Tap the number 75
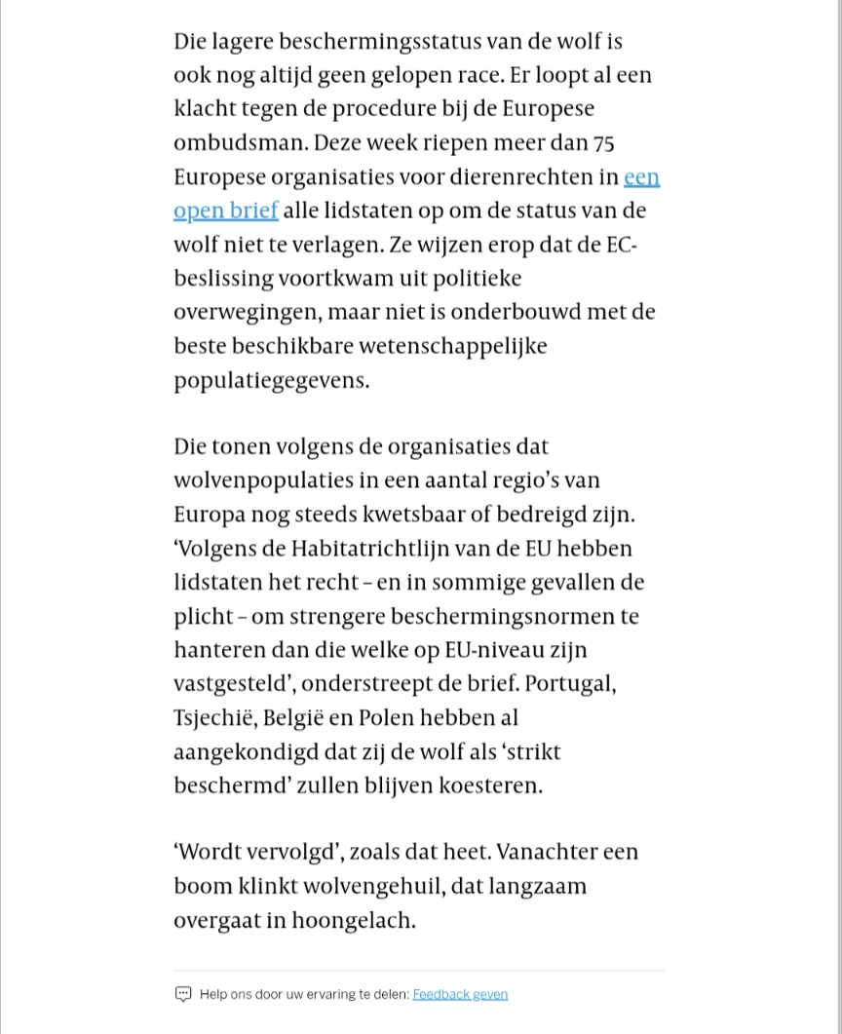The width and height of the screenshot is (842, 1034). coord(603,142)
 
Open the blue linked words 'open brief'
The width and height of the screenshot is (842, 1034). coord(225,211)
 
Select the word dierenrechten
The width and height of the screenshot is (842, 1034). coord(534,176)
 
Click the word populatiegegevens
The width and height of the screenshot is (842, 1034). coord(272,380)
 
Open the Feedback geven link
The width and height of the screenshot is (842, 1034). coord(460,994)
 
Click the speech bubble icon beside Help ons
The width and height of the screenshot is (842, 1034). coord(183,994)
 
